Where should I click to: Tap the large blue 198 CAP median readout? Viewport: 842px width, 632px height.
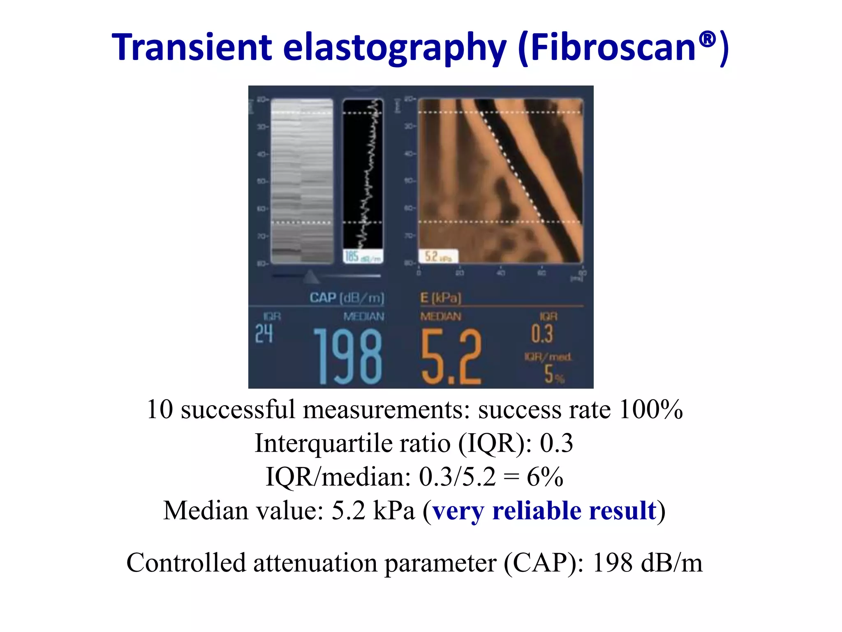coord(348,356)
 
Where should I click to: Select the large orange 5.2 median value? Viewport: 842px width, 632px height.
coord(451,356)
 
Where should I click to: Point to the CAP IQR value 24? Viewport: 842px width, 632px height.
coord(264,333)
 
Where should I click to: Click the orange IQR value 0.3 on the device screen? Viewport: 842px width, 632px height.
coord(542,333)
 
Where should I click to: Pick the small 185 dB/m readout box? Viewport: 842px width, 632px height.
coord(363,257)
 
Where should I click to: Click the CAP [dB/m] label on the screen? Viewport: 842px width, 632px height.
coord(347,297)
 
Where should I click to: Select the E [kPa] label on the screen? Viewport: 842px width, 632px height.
coord(440,297)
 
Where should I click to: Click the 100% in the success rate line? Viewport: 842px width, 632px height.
coord(651,410)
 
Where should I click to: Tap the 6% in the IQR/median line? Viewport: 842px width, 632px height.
coord(545,477)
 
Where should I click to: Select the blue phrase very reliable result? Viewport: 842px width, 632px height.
coord(544,511)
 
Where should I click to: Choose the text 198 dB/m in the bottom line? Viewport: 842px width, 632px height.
coord(647,563)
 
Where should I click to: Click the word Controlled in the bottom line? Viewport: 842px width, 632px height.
coord(186,563)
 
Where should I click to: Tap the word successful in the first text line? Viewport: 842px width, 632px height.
coord(238,410)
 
